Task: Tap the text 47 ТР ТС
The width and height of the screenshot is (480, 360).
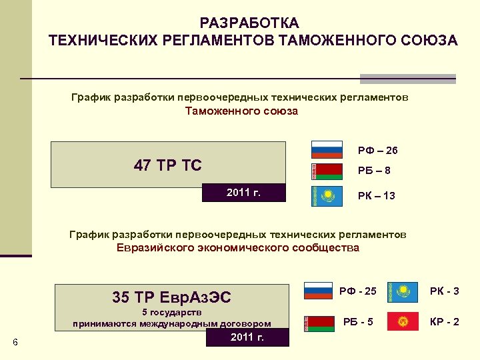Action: coord(167,165)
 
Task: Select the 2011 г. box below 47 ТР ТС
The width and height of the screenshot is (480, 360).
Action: coord(243,193)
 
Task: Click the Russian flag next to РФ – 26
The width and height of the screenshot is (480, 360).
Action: coord(327,149)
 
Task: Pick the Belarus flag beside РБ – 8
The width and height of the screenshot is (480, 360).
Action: coord(327,171)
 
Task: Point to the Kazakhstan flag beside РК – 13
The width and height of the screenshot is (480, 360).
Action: coord(327,195)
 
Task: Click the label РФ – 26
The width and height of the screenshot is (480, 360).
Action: coord(377,150)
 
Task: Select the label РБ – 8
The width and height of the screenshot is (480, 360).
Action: coord(374,171)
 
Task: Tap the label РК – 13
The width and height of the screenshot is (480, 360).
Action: coord(376,196)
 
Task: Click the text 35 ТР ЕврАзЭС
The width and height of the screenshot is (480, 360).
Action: coord(172,296)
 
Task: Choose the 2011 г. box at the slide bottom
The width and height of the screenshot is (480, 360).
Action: coord(247,337)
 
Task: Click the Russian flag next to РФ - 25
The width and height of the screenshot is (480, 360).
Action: coord(318,291)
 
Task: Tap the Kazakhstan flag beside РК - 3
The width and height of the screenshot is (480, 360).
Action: coord(403,291)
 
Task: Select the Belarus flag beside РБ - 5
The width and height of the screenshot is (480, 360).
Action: coord(318,323)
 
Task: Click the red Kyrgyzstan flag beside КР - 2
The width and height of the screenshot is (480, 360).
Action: coord(403,322)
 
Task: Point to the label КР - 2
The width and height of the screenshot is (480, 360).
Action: coord(445,322)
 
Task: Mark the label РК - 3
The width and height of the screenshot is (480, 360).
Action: coord(445,291)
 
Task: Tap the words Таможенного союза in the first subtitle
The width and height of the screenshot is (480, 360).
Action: coord(241,111)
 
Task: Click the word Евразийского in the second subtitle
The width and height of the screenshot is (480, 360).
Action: coord(160,247)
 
